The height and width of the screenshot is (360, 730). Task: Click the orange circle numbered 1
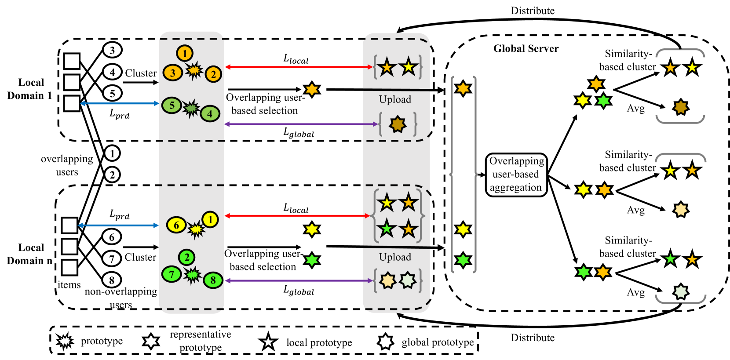tap(185, 53)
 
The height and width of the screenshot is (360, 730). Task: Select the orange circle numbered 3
tap(172, 73)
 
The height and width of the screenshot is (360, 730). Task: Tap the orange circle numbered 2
tap(213, 74)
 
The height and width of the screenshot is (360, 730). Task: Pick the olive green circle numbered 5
tap(172, 105)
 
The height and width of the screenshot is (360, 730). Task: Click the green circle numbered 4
tap(210, 114)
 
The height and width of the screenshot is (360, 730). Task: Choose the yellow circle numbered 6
tap(176, 225)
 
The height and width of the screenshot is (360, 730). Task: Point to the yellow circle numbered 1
tap(210, 219)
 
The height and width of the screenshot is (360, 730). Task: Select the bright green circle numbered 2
tap(186, 257)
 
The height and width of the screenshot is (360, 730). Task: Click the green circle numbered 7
tap(172, 274)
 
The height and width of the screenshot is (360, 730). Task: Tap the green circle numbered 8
tap(213, 280)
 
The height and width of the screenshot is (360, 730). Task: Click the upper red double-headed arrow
tap(299, 67)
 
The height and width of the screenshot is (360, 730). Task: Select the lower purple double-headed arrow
tap(299, 280)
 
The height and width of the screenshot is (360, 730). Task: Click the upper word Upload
tap(395, 99)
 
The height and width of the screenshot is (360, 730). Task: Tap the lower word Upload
tap(395, 257)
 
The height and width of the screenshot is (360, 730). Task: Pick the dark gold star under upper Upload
tap(398, 124)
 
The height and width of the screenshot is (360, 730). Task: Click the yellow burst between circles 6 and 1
tap(196, 229)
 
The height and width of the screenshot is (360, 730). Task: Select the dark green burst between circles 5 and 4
tap(191, 108)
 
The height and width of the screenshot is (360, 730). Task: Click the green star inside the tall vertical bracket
tap(463, 260)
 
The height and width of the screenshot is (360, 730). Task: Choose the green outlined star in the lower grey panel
tap(387, 229)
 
